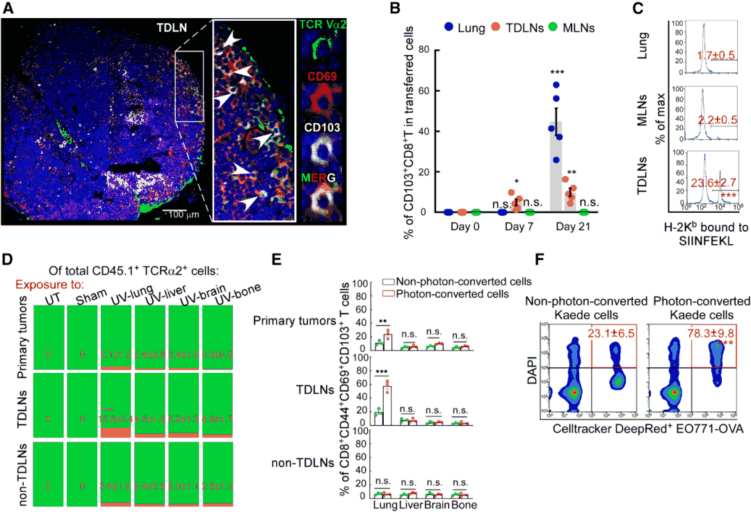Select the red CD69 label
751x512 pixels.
tap(322, 76)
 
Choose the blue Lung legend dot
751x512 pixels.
tap(449, 29)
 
